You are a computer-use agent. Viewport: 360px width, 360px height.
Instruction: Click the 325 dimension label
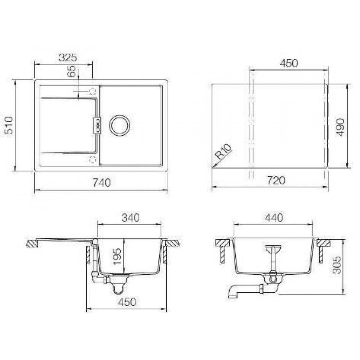point(68,58)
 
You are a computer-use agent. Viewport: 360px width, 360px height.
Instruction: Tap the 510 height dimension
point(10,125)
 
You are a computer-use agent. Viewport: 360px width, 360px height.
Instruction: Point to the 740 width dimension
point(102,183)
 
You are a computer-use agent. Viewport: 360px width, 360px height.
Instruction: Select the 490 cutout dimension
point(340,127)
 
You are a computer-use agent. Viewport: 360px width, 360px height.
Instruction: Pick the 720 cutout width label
point(276,180)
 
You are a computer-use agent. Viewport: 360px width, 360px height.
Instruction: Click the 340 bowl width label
point(130,218)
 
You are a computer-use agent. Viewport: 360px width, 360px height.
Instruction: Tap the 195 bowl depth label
point(117,256)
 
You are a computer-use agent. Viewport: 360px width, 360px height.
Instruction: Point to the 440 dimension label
point(274,218)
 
